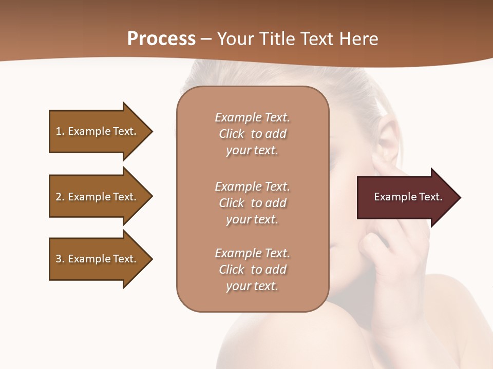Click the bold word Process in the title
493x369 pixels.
pos(161,39)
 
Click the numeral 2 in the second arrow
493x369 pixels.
pos(58,197)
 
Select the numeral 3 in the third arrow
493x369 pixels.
pos(58,259)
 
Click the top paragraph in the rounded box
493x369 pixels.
pos(252,134)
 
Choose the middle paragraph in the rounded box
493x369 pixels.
pos(252,203)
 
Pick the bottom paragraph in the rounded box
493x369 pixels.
pos(252,270)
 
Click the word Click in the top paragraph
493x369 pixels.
pos(231,134)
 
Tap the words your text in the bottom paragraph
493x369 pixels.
pos(252,286)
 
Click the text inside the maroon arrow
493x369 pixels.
pos(408,197)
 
